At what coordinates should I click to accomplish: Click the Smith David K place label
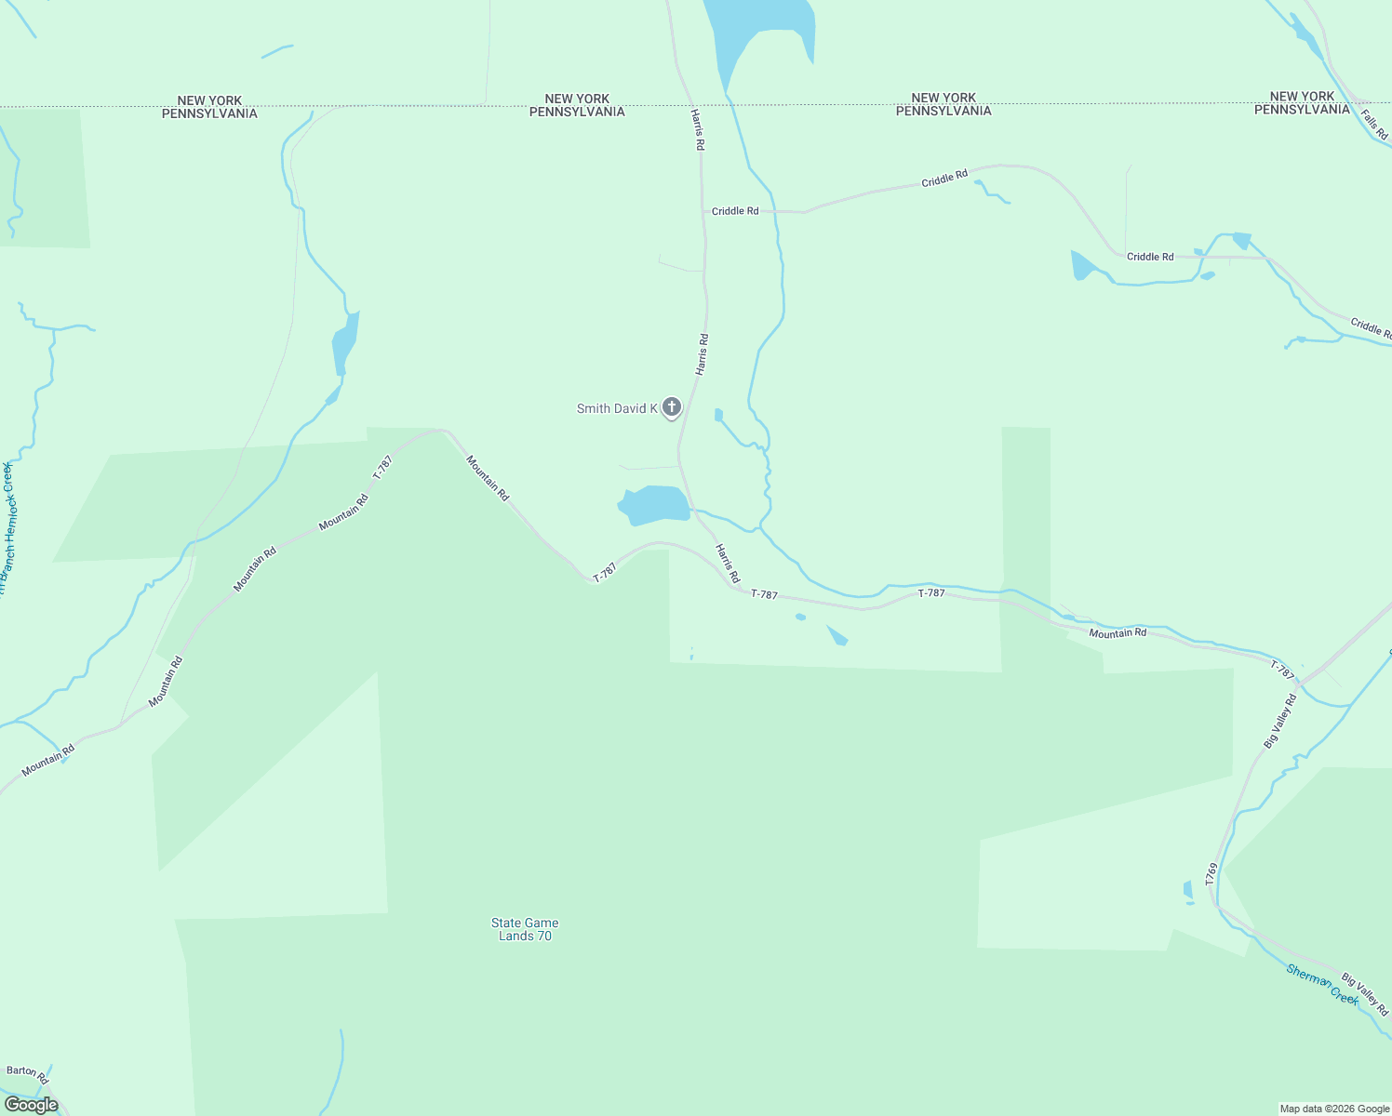pos(617,408)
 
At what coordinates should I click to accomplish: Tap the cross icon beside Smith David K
pos(671,406)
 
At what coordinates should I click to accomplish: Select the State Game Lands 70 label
pos(525,929)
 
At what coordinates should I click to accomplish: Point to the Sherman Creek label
pos(1322,983)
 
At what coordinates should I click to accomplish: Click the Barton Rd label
pos(27,1074)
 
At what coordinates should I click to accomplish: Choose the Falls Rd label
pos(1374,126)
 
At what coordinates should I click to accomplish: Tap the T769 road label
pos(1211,873)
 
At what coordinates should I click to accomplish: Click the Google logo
pos(31,1105)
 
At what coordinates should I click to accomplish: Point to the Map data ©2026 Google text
pos(1334,1109)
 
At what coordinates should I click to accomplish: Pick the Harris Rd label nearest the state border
pos(698,130)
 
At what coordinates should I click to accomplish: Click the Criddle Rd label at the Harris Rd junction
pos(735,211)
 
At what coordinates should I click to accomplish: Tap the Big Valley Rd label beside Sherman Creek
pos(1364,994)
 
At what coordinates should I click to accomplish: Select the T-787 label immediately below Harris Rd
pos(764,594)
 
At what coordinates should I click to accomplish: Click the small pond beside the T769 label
pos(1188,891)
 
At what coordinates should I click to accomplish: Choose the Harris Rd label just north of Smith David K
pos(703,354)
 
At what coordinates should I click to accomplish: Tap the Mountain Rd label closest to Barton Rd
pos(47,761)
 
